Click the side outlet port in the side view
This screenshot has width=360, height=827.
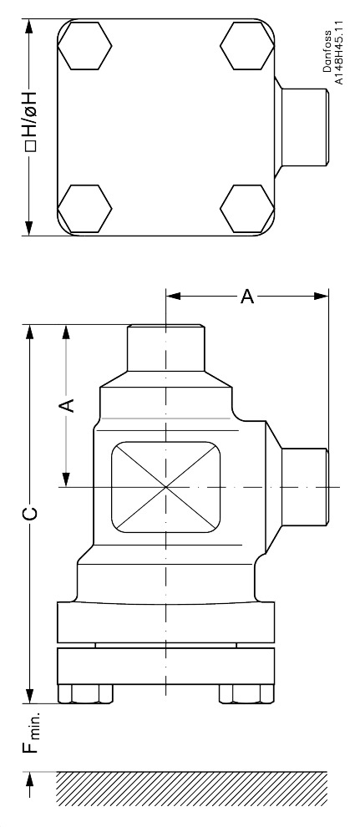tap(304, 486)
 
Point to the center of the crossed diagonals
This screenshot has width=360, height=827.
tap(166, 486)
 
